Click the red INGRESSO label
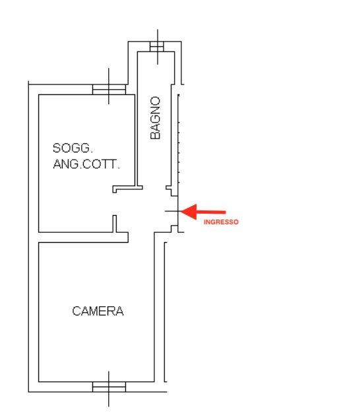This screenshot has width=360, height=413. click(221, 222)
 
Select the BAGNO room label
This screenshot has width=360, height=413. click(155, 117)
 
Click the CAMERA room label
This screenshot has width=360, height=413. click(98, 311)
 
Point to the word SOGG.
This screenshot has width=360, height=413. click(73, 148)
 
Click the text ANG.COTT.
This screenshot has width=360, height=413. click(86, 164)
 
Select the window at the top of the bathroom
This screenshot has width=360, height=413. click(157, 47)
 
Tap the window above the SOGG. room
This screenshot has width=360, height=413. click(109, 90)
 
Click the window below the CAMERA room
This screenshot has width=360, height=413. click(109, 387)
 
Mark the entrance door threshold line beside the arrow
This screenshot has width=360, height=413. click(172, 211)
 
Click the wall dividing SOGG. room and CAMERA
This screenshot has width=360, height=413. click(83, 238)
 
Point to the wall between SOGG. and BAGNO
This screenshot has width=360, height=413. click(136, 140)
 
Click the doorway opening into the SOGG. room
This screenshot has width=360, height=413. click(115, 204)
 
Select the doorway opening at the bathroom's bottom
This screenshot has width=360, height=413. click(154, 187)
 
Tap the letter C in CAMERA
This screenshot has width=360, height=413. click(76, 311)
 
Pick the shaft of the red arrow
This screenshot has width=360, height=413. click(211, 212)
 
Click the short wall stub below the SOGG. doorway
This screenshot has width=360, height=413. click(115, 224)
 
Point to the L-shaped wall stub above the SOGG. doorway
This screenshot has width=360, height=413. click(128, 189)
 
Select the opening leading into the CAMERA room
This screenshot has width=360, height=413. click(141, 238)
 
